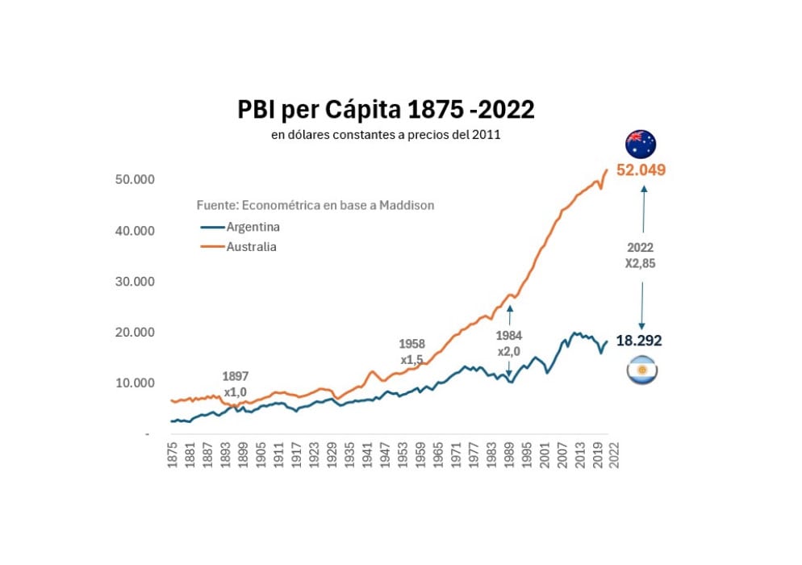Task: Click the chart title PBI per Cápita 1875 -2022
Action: click(386, 110)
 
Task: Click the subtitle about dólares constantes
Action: click(386, 135)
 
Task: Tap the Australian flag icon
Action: click(641, 144)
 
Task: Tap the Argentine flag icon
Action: click(641, 370)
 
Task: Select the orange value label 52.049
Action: click(641, 170)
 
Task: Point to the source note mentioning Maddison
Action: click(315, 205)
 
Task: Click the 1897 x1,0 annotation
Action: click(235, 384)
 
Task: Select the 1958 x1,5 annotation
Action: click(411, 351)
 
